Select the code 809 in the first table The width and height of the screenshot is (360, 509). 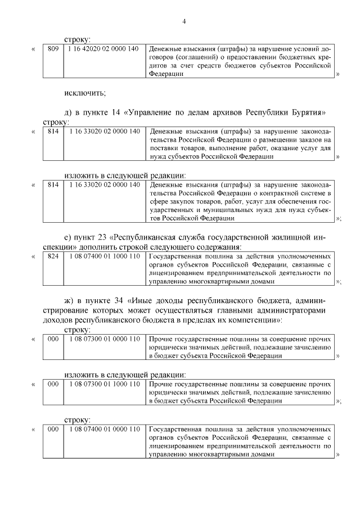coord(53,49)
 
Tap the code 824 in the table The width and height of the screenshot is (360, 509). coord(53,256)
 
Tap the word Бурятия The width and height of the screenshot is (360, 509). coord(307,112)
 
